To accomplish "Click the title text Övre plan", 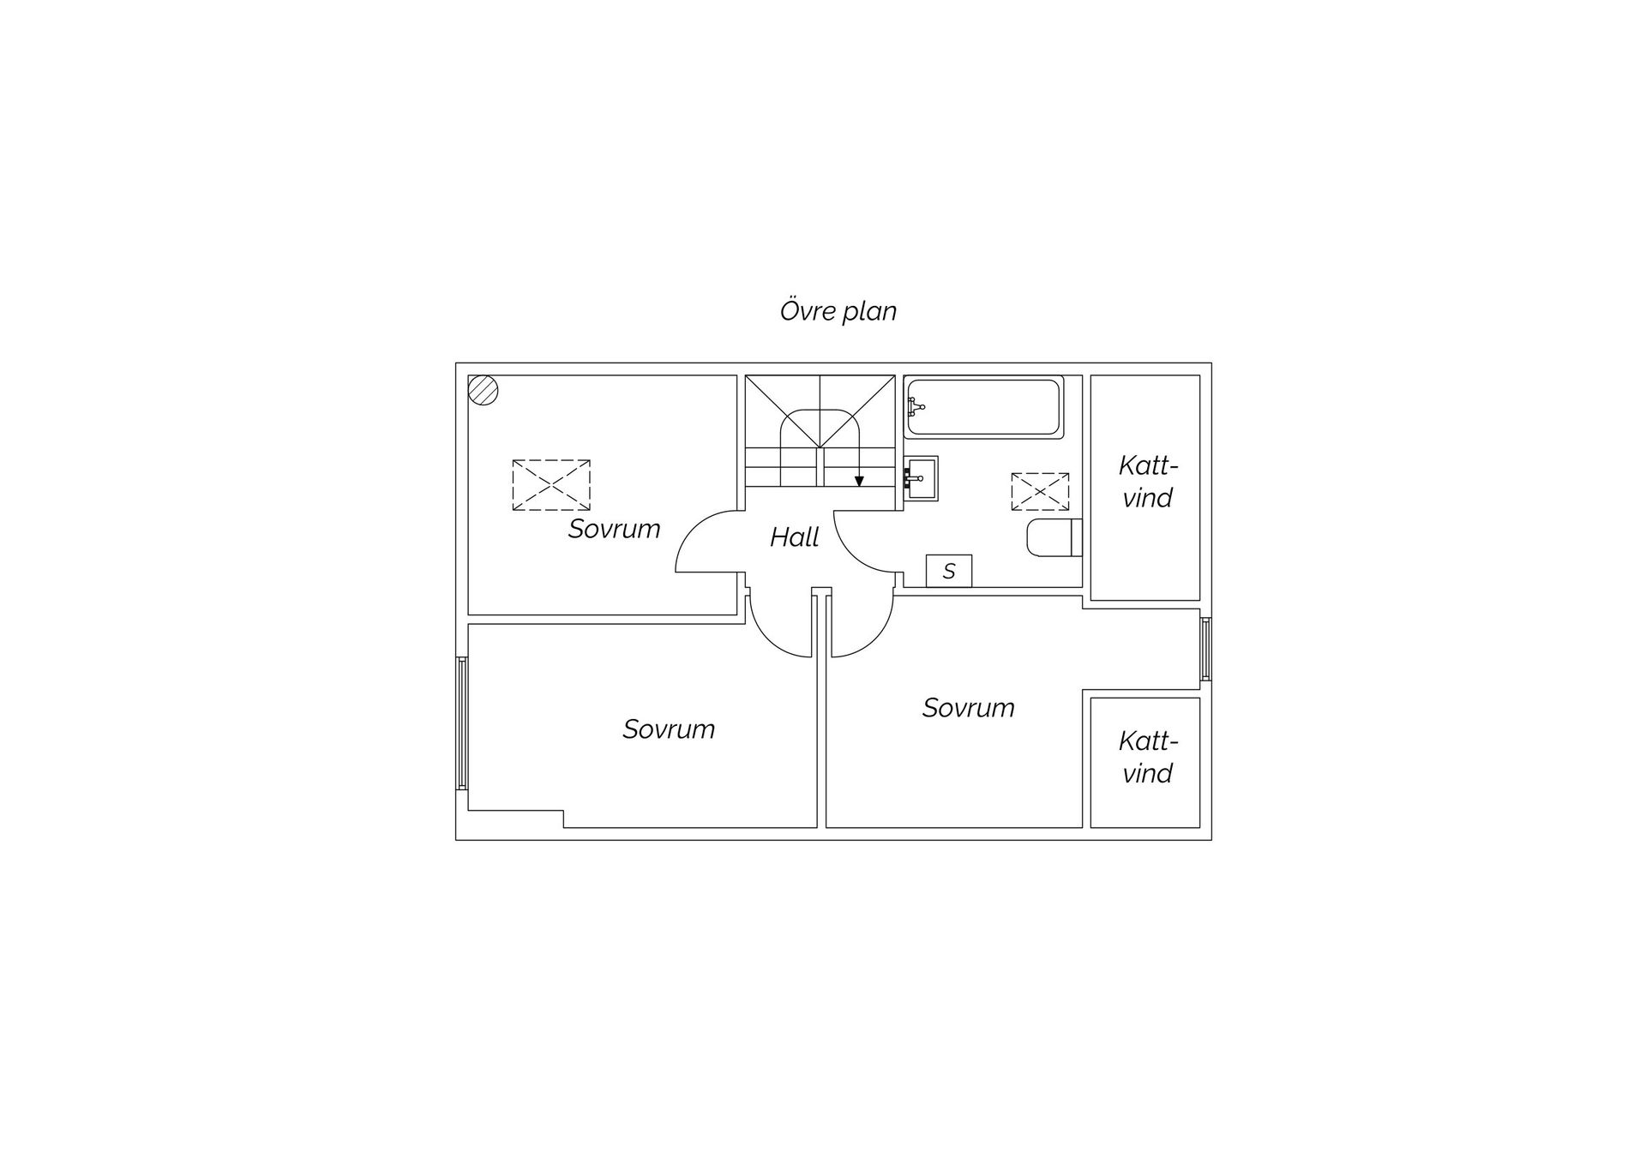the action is [x=838, y=311].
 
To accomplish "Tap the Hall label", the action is [x=794, y=537].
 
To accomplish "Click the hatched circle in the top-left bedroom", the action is [x=484, y=391].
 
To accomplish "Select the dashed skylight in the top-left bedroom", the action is [x=551, y=485].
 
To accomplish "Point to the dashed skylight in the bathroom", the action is [x=1040, y=492].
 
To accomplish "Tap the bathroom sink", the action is [x=922, y=478].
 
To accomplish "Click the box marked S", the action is [x=949, y=571].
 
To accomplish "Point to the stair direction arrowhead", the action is [x=859, y=481].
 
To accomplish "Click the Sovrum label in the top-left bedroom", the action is [x=614, y=529].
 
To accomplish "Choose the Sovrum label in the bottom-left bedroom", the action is [x=669, y=729].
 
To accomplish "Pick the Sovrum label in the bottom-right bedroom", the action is [x=968, y=708].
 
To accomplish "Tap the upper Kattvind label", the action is [x=1148, y=482].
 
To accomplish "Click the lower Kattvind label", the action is [x=1148, y=758].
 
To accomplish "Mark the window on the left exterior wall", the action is [x=462, y=722].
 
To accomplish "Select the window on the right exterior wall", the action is [x=1205, y=649].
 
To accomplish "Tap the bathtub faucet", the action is [x=916, y=407].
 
